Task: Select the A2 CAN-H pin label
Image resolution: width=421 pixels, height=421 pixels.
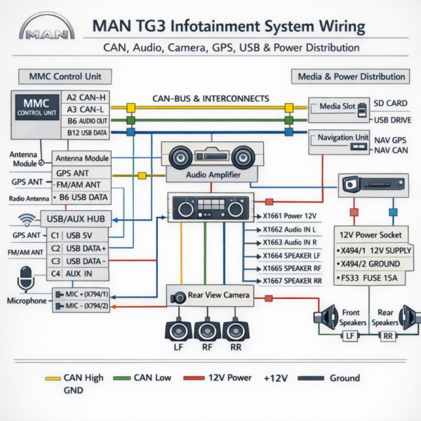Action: point(87,98)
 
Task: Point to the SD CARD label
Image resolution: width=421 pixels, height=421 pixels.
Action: point(389,102)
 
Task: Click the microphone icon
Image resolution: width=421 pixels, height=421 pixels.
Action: point(27,279)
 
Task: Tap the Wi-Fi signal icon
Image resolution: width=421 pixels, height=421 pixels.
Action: point(27,219)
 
